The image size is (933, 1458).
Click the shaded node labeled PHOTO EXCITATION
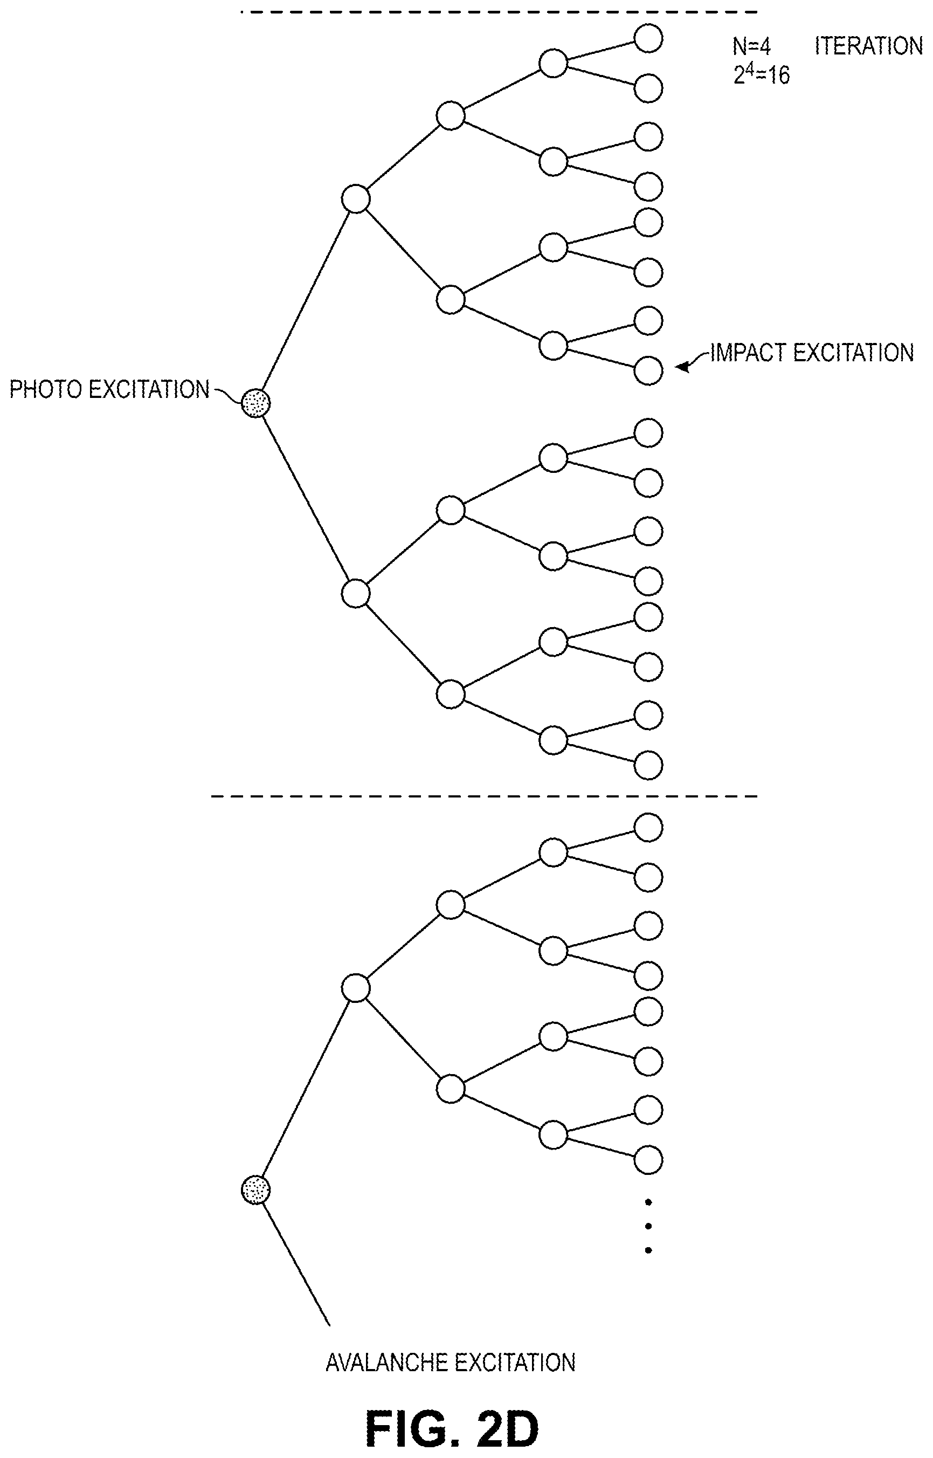point(255,403)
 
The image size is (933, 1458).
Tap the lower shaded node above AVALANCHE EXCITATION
point(255,1189)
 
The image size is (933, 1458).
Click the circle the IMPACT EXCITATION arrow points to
point(648,371)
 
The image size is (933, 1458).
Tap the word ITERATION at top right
point(868,46)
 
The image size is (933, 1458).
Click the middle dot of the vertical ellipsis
point(648,1226)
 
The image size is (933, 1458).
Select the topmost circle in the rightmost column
point(648,38)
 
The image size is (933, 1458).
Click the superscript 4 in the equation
point(749,69)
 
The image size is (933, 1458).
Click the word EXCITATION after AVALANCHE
point(514,1363)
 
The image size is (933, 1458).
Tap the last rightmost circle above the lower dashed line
point(648,765)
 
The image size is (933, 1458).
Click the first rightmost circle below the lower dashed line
point(648,828)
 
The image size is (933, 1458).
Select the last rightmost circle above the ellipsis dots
point(648,1160)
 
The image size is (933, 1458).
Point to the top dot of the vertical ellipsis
point(648,1202)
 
